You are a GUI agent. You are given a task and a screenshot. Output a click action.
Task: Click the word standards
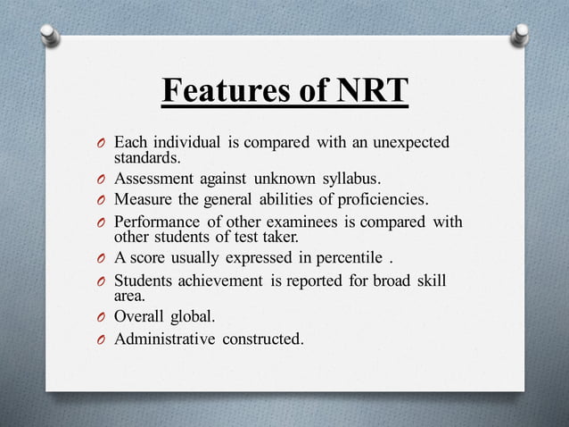(146, 159)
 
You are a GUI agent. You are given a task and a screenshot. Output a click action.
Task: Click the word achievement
(221, 281)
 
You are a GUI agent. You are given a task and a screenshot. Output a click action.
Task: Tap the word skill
(432, 281)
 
